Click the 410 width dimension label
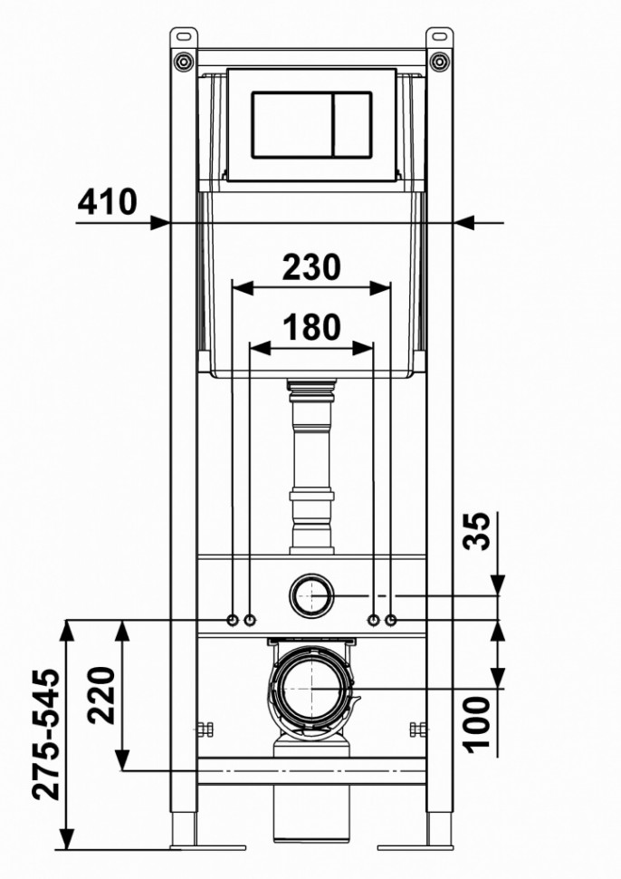tap(107, 202)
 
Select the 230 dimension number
tap(311, 266)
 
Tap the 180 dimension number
tap(311, 327)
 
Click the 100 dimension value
tap(476, 724)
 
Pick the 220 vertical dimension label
tap(101, 694)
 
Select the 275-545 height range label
tap(45, 734)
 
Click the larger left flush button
tap(292, 124)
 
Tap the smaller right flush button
tap(353, 124)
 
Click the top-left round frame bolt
tap(184, 60)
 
